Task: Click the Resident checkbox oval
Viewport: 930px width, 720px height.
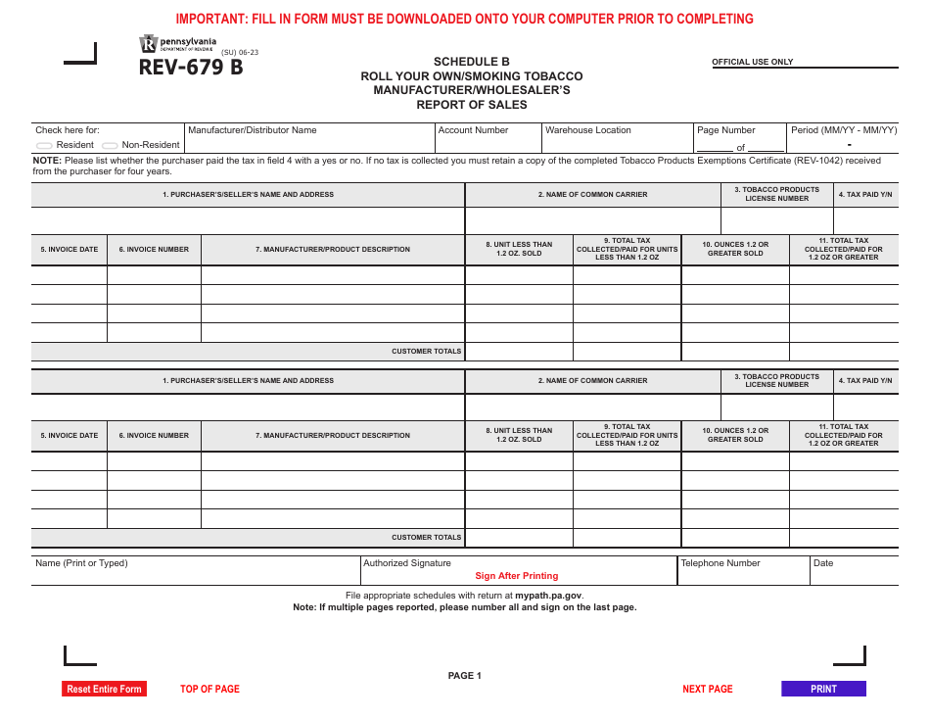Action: click(45, 145)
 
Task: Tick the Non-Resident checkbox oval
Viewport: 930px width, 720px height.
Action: click(110, 145)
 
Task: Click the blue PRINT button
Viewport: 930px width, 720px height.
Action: click(823, 689)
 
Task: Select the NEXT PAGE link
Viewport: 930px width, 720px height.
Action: click(707, 689)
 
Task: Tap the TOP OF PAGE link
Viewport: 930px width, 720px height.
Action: click(209, 689)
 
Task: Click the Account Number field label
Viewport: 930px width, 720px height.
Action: click(473, 130)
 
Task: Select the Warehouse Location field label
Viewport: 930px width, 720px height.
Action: click(587, 130)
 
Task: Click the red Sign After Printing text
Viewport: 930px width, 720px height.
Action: click(516, 576)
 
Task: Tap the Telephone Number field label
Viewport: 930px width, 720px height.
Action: click(721, 563)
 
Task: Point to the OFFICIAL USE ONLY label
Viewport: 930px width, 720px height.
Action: click(752, 62)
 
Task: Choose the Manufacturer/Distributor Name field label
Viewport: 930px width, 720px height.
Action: click(252, 130)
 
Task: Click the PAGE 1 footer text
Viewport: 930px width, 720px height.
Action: click(464, 675)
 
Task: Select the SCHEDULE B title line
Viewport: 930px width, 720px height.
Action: click(471, 62)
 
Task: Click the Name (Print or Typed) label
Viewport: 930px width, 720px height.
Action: click(81, 563)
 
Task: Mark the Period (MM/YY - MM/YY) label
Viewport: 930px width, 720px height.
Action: click(843, 130)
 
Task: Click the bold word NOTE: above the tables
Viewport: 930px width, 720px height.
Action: click(47, 161)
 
